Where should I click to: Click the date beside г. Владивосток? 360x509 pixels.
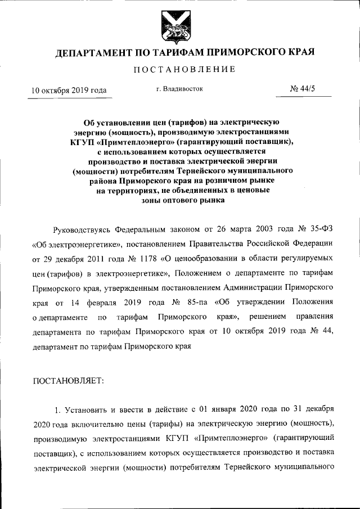(x=69, y=90)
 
